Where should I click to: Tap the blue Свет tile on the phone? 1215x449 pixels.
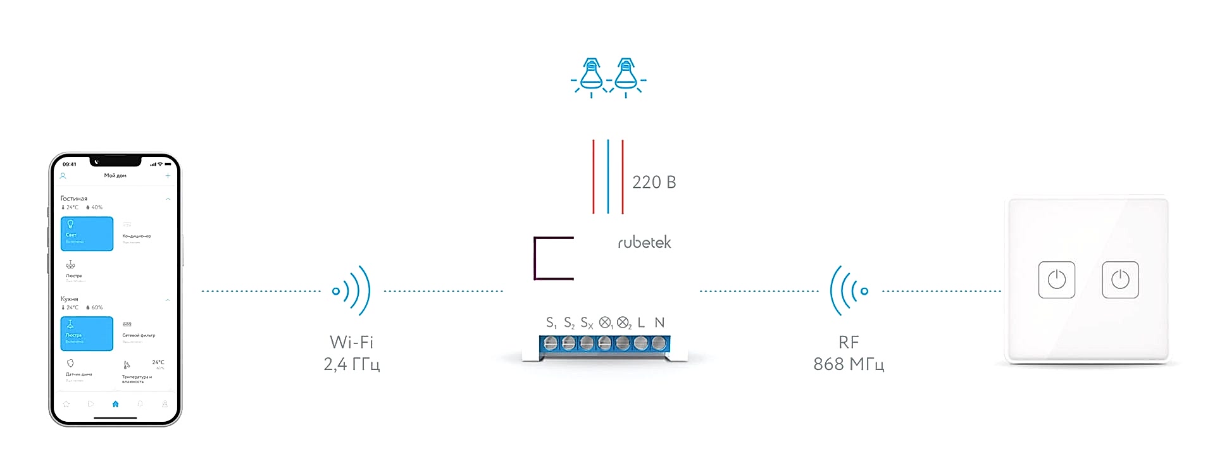(x=87, y=233)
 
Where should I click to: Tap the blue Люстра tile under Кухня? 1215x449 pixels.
(x=87, y=333)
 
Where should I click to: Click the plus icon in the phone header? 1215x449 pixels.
(x=168, y=176)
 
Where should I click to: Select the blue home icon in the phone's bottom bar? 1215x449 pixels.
(x=115, y=404)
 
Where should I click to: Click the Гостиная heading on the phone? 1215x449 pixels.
(x=74, y=199)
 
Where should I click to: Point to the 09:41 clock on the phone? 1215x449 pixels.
(x=70, y=164)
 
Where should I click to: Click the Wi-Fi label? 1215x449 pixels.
(x=351, y=342)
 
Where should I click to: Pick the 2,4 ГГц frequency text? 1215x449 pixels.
(x=351, y=364)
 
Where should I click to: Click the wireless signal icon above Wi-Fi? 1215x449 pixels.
(x=352, y=290)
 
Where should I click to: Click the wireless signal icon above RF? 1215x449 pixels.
(x=849, y=290)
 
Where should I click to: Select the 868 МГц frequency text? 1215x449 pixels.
(x=849, y=364)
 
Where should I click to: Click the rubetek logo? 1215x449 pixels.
(x=644, y=242)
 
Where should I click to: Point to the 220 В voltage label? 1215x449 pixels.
(x=654, y=182)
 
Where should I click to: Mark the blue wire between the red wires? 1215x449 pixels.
(x=608, y=176)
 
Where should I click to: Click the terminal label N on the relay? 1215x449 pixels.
(x=659, y=323)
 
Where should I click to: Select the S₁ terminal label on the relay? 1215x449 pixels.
(x=551, y=323)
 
